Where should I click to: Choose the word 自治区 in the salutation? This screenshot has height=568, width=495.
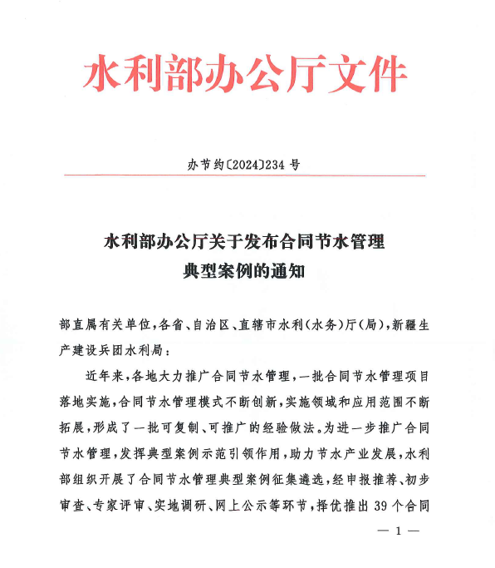pos(205,325)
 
